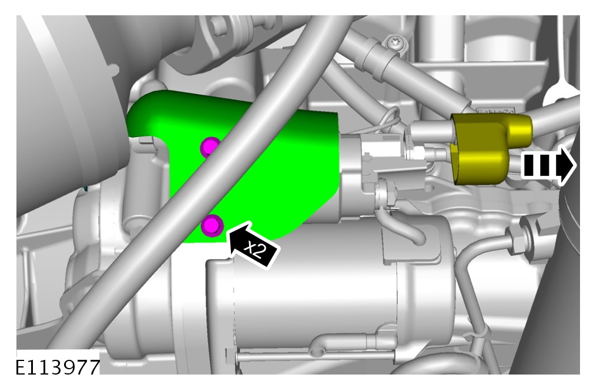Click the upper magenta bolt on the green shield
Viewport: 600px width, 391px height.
pyautogui.click(x=209, y=146)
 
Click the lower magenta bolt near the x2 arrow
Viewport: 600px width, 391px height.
pyautogui.click(x=212, y=225)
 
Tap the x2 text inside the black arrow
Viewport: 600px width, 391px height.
pyautogui.click(x=255, y=250)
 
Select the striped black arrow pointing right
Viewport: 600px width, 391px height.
pyautogui.click(x=548, y=165)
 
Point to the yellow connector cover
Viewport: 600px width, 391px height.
pyautogui.click(x=486, y=148)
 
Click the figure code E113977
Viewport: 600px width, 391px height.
pyautogui.click(x=58, y=367)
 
